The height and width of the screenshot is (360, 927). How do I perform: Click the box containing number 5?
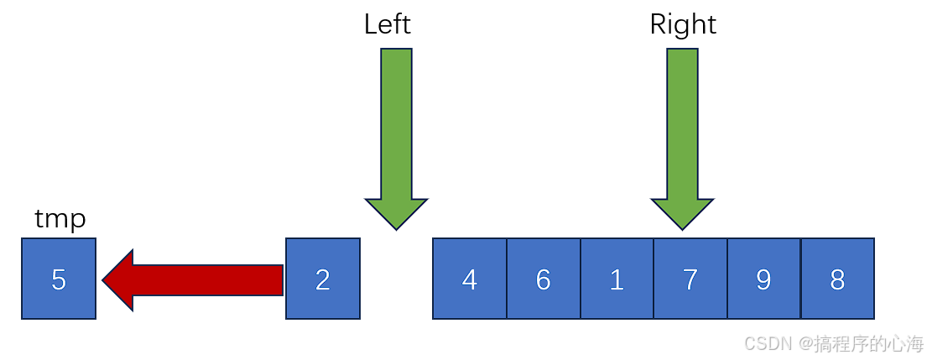[x=59, y=279]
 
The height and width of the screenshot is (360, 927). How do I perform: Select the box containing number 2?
[x=323, y=279]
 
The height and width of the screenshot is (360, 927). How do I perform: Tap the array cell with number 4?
[x=470, y=279]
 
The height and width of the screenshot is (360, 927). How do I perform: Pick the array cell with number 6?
[x=544, y=279]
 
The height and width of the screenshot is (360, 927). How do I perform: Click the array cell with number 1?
[x=617, y=279]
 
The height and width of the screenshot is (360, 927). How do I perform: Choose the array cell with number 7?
[x=690, y=279]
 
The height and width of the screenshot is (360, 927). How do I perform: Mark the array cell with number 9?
[x=763, y=279]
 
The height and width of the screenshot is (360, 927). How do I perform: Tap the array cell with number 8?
[x=837, y=279]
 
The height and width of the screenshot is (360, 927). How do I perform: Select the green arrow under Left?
[x=396, y=134]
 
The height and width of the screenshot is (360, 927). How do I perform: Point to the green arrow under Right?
[x=682, y=134]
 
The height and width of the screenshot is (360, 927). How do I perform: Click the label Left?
[x=388, y=24]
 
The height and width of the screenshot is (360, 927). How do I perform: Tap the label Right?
[x=683, y=24]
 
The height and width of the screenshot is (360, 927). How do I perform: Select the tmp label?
[x=60, y=219]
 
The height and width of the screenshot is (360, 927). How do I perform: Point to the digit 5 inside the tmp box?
[x=59, y=279]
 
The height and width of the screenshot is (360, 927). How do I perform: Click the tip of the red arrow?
[x=105, y=280]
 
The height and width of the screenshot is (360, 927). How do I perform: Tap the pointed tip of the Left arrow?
[x=396, y=227]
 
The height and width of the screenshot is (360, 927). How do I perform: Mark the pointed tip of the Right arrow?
[x=682, y=227]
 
